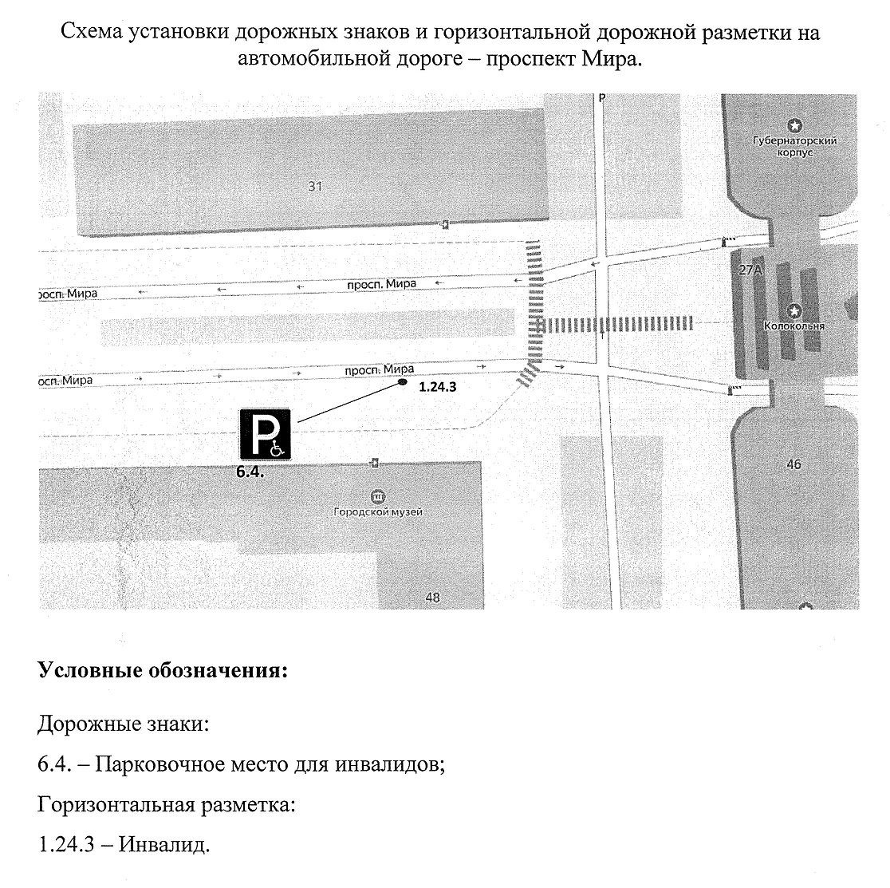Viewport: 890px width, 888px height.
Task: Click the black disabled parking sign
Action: point(265,434)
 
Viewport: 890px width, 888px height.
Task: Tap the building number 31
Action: point(315,186)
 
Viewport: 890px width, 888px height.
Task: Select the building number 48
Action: point(432,598)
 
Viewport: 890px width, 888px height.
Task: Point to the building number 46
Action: point(794,464)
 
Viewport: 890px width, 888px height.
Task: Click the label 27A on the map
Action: point(750,270)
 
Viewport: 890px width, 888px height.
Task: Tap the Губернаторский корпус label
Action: point(794,146)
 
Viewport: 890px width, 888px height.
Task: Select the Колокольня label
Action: point(794,326)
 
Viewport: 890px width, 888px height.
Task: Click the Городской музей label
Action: point(377,511)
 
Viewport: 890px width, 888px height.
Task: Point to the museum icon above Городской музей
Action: point(377,497)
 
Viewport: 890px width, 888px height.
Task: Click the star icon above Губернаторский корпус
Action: point(794,125)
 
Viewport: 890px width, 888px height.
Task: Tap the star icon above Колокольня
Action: point(794,310)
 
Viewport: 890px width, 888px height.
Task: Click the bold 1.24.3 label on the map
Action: point(437,387)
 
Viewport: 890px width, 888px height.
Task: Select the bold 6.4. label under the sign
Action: point(250,472)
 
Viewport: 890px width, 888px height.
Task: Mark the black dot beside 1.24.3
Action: point(403,382)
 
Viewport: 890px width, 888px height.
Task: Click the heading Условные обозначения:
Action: point(163,670)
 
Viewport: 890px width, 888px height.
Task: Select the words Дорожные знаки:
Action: point(123,724)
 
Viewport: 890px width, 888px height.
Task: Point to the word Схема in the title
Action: point(92,32)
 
